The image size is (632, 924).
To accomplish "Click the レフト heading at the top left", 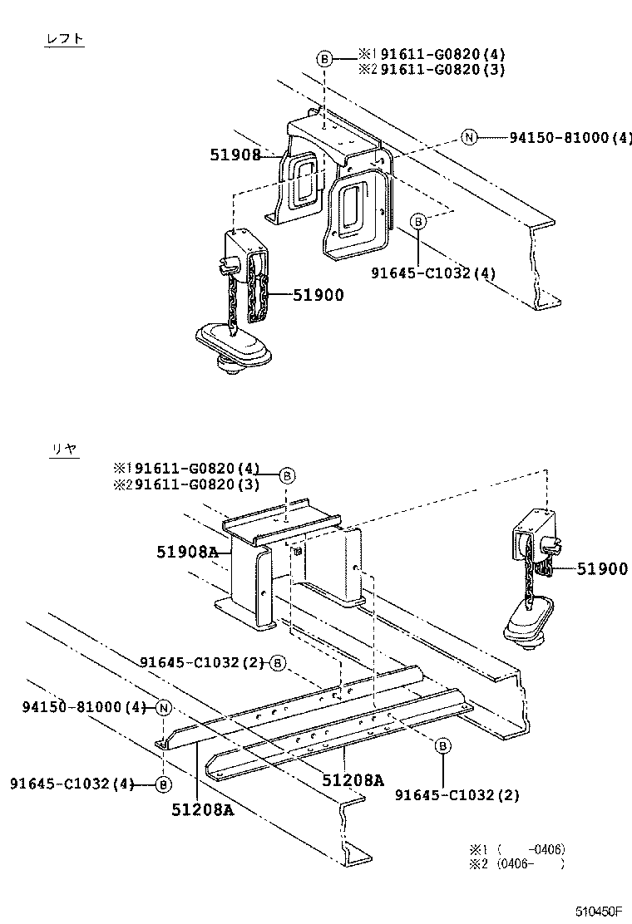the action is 65,39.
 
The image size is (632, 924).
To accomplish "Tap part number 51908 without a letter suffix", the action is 235,155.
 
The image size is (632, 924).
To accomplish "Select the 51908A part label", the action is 187,552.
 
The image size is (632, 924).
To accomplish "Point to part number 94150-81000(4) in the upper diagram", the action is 570,137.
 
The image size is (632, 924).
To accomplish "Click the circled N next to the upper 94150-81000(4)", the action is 469,138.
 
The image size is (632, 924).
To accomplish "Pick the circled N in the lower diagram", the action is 163,708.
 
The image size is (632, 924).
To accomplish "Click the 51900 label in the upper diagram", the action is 318,295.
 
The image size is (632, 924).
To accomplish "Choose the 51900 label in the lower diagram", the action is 602,568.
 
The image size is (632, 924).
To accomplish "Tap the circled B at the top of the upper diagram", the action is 324,59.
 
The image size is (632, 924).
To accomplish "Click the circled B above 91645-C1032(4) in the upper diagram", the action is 418,222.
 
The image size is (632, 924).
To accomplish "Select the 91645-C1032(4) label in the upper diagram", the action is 433,273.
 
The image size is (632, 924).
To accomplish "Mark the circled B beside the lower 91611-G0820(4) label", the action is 287,475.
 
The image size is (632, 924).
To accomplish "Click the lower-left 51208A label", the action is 203,809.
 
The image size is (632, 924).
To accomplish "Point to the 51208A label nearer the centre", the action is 353,780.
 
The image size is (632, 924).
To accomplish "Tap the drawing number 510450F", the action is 599,912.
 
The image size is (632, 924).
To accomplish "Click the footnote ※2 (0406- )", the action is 517,864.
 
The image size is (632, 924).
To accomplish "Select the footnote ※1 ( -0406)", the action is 517,849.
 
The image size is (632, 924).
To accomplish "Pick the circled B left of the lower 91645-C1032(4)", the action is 163,784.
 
